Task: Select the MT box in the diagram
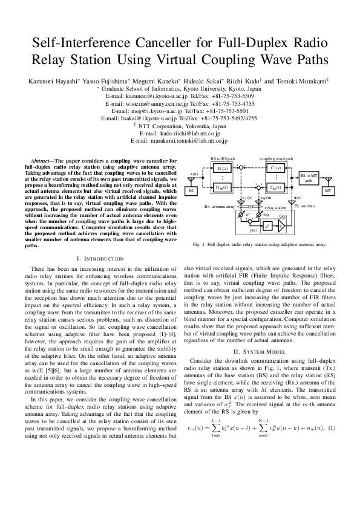[x=327, y=190]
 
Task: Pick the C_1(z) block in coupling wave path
[x=275, y=168]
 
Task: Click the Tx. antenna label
[x=304, y=206]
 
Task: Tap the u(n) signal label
[x=296, y=197]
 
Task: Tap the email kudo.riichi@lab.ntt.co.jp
[x=180, y=133]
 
